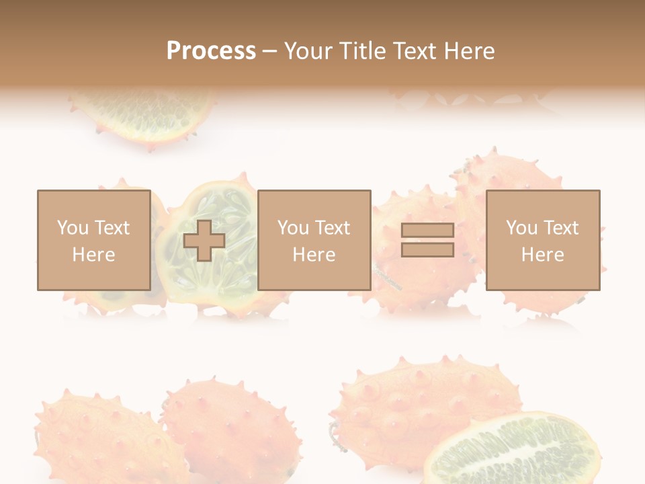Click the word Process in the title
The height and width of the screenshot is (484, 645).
tap(211, 51)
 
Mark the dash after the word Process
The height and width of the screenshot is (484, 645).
tap(270, 52)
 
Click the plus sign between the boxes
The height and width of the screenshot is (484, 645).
tap(204, 241)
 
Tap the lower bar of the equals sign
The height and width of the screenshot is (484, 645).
tap(427, 249)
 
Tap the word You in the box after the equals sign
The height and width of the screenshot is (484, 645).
tap(521, 228)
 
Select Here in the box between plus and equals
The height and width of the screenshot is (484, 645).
tap(314, 255)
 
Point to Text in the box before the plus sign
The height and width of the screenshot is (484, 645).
tap(111, 228)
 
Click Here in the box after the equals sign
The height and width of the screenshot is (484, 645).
tap(542, 255)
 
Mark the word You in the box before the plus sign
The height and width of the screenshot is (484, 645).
tap(73, 228)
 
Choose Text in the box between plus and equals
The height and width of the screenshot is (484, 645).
tap(332, 228)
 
